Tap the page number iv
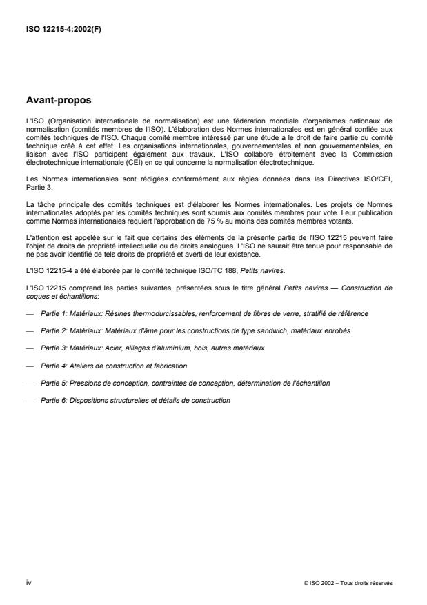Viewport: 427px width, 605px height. tap(28, 582)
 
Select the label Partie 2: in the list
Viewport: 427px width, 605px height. tap(52, 330)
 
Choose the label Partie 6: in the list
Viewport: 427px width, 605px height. tap(52, 401)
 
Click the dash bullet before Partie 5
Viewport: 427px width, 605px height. tap(30, 384)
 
